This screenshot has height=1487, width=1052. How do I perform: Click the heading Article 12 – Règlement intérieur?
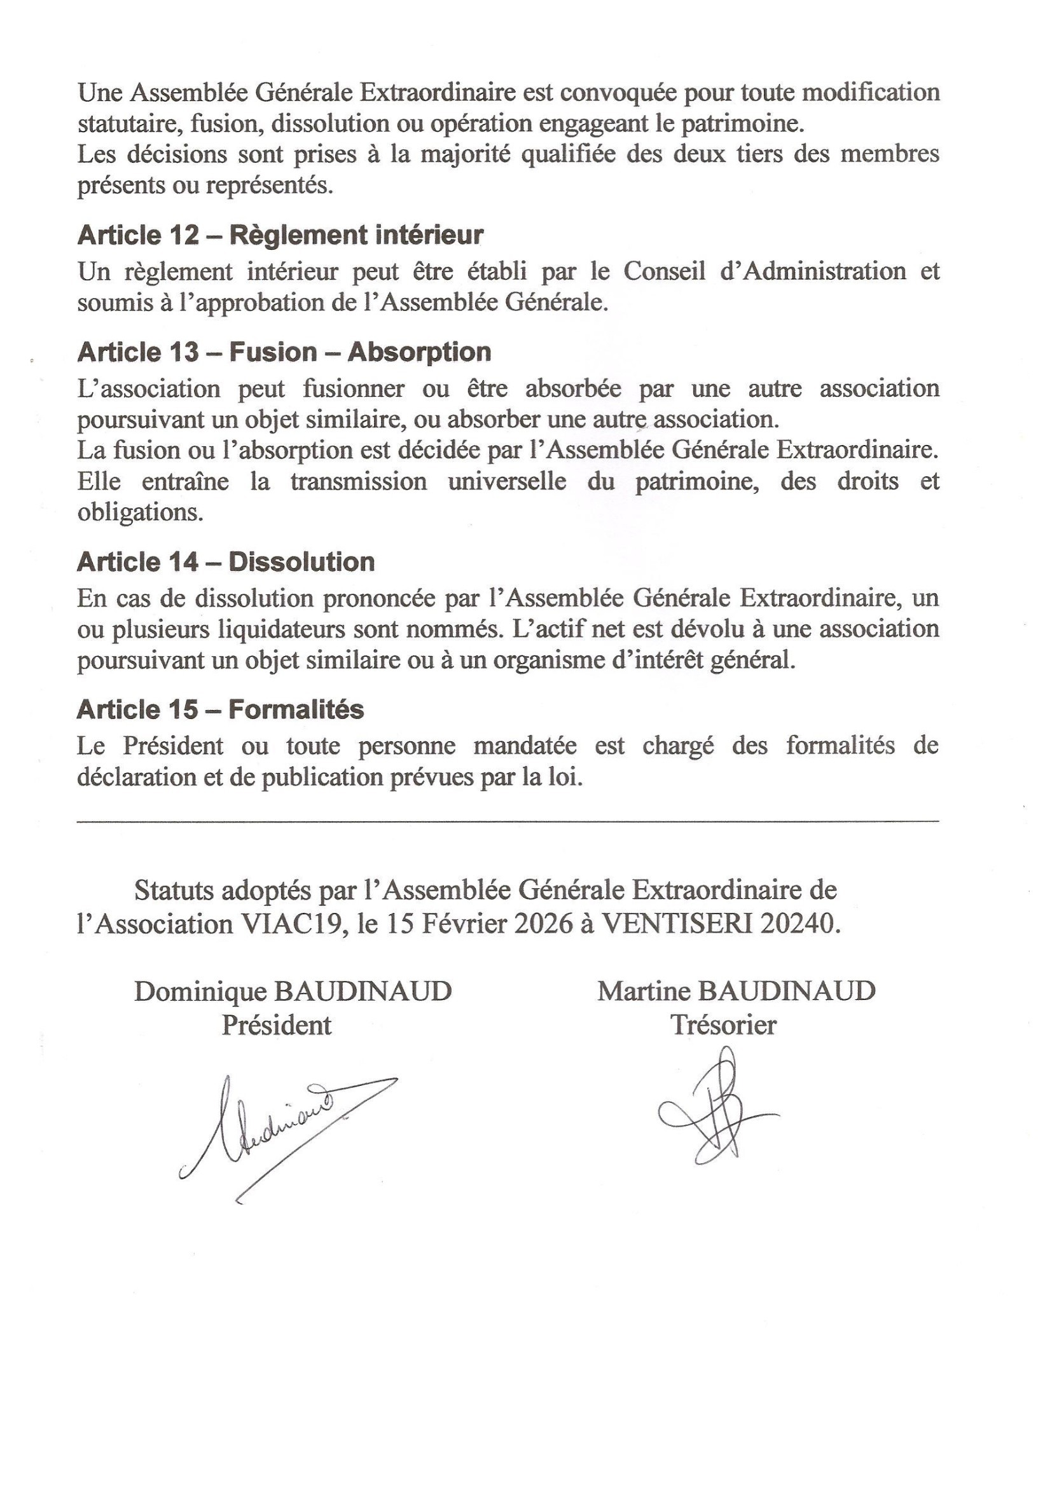point(280,235)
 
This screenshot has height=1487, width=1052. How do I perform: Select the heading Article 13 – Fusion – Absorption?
point(284,352)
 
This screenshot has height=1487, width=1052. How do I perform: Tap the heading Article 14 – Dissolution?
point(225,561)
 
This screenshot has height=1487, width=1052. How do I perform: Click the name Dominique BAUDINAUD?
point(293,992)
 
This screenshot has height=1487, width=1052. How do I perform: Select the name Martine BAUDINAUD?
point(736,992)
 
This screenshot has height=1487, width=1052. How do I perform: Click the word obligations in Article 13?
point(141,513)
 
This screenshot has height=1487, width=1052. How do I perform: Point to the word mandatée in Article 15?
point(525,746)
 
